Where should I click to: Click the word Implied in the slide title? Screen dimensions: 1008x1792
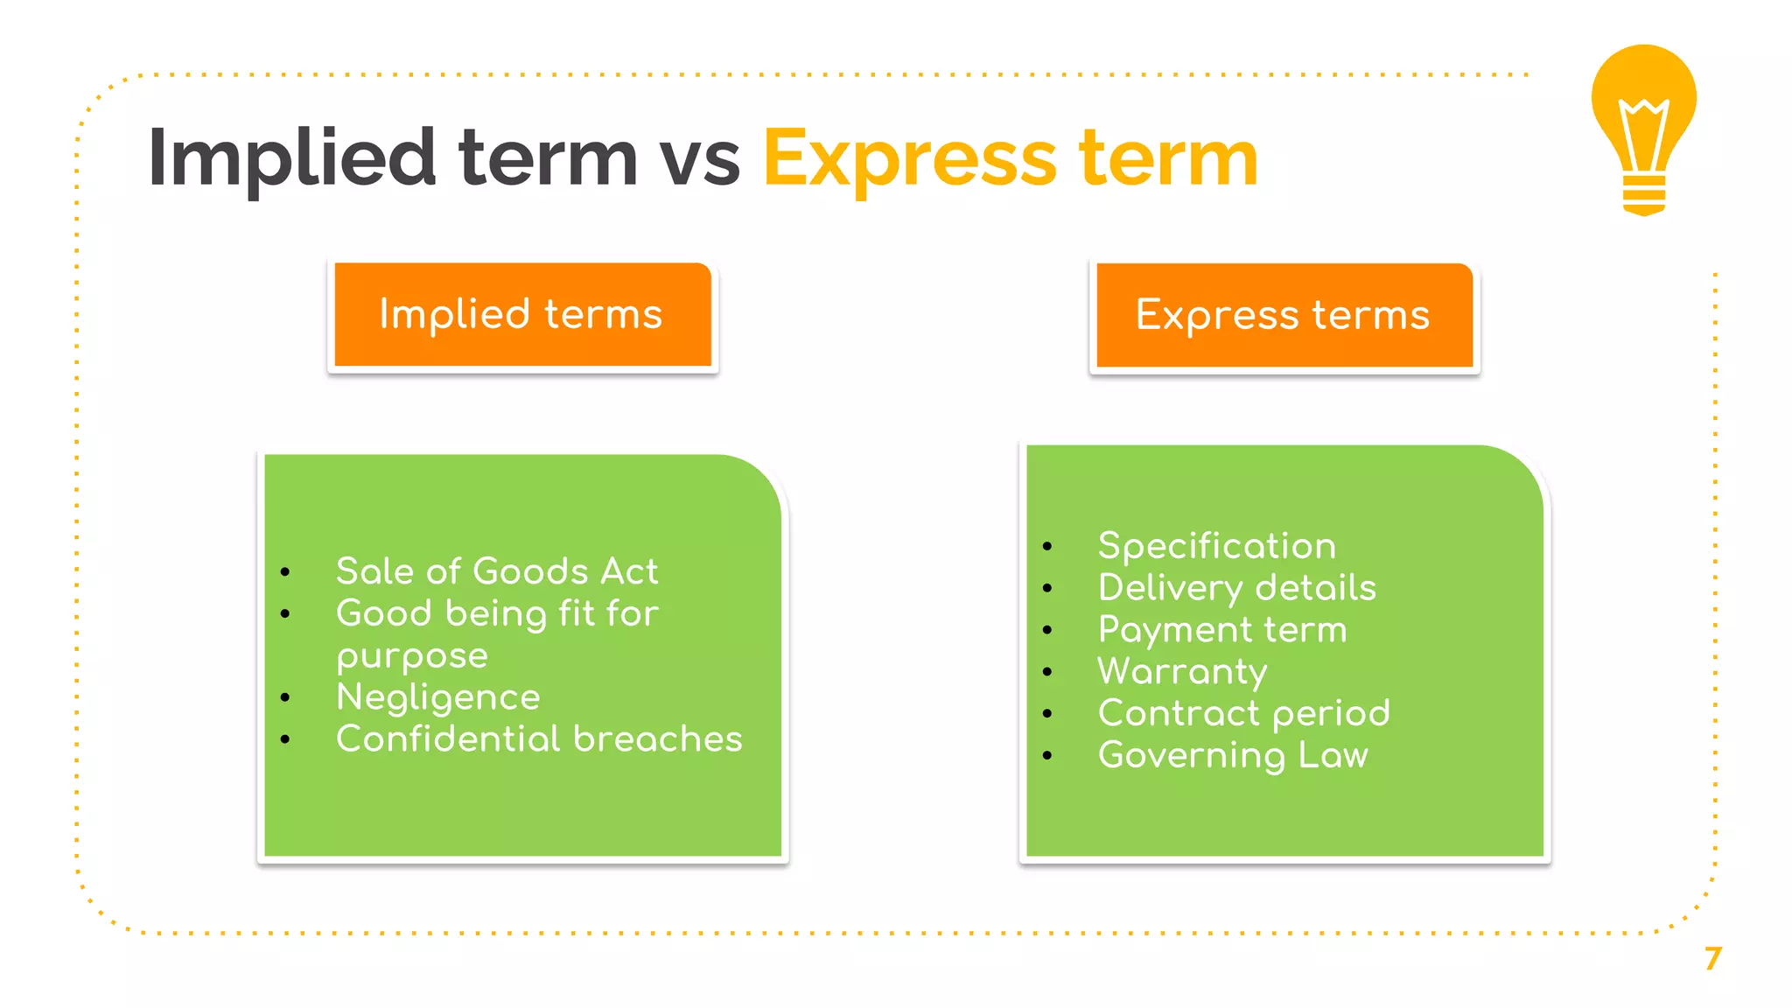click(x=291, y=158)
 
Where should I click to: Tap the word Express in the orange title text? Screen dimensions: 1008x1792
click(x=910, y=158)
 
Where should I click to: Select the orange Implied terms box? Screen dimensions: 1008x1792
click(x=522, y=315)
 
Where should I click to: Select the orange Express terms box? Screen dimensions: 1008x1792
click(x=1284, y=315)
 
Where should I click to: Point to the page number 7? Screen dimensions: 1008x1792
click(x=1712, y=959)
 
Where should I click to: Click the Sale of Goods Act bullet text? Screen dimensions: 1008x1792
click(x=496, y=571)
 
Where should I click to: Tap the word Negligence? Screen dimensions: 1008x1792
click(x=437, y=697)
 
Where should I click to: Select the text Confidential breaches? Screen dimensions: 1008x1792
click(x=539, y=739)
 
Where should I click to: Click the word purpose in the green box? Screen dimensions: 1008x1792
click(x=411, y=656)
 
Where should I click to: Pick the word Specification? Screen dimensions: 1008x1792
click(x=1216, y=546)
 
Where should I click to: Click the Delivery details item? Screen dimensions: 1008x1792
click(x=1236, y=588)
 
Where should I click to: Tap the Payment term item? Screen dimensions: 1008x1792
click(x=1222, y=630)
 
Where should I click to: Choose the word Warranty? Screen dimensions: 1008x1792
click(x=1182, y=672)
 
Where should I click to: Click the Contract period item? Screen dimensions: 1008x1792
click(x=1243, y=713)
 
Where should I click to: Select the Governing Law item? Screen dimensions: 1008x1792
click(x=1232, y=755)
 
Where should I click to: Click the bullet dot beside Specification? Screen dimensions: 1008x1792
click(x=1047, y=547)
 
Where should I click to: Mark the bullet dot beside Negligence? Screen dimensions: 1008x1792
click(x=285, y=697)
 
